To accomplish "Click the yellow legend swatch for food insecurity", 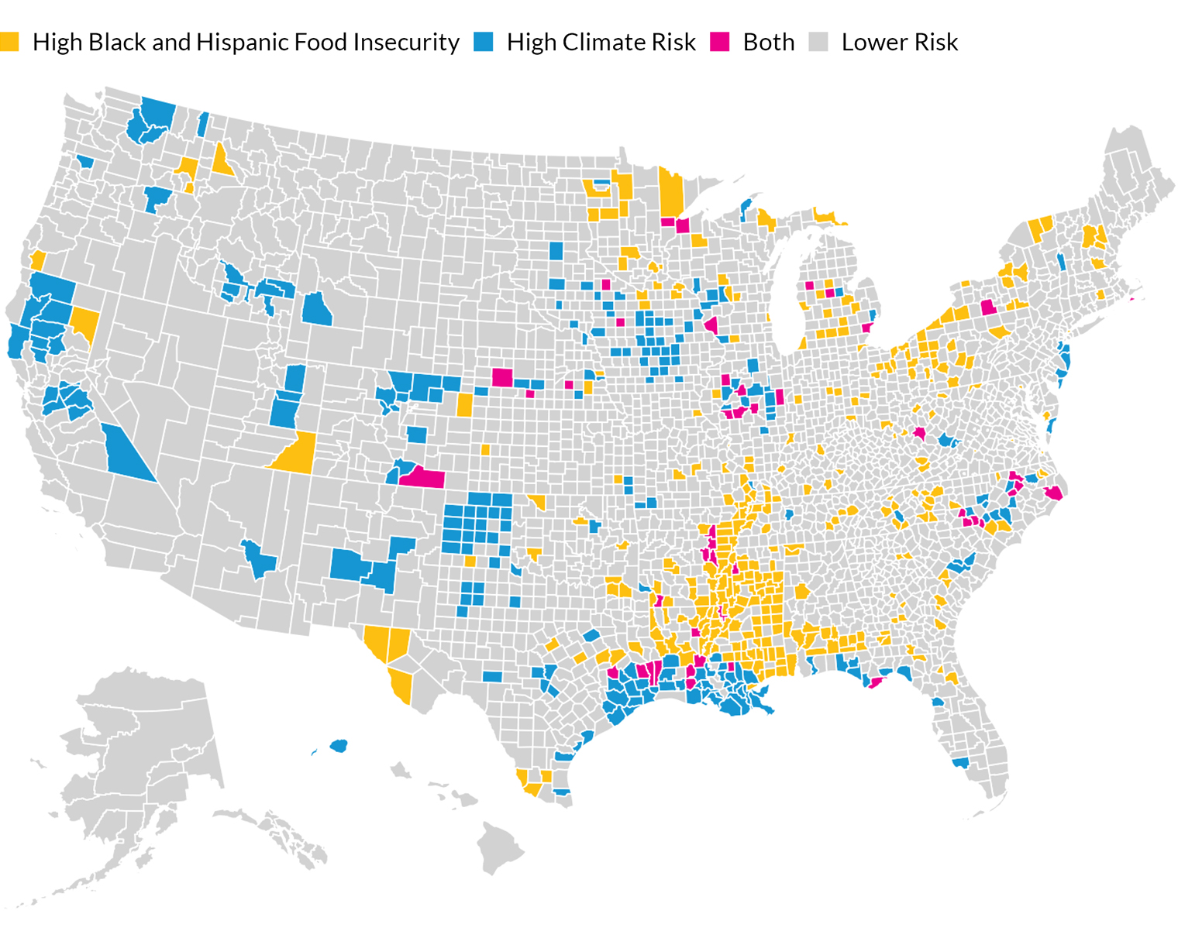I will [x=9, y=42].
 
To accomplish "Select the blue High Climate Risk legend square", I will [x=484, y=42].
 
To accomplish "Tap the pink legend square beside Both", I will [x=720, y=42].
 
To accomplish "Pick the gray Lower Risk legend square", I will [x=818, y=42].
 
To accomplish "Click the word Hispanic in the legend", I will [x=232, y=42].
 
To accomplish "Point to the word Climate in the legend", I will [x=601, y=42].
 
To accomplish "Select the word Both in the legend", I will [x=769, y=42].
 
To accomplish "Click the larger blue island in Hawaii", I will [x=339, y=746].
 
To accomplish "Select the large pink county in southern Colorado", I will [x=423, y=477].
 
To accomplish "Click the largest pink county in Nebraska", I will [x=502, y=377].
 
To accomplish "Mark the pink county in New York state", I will [x=989, y=307].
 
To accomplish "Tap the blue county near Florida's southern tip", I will [x=961, y=763].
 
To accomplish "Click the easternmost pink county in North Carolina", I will [x=1053, y=493].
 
